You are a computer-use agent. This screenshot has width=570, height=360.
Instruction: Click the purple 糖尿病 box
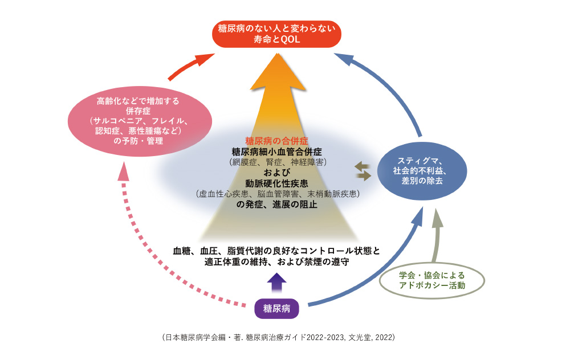tap(276, 308)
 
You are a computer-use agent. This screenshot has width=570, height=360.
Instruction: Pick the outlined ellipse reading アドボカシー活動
tap(431, 280)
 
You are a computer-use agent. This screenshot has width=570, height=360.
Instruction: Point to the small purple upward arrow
tap(277, 281)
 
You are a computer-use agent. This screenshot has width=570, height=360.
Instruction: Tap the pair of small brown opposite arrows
tap(363, 171)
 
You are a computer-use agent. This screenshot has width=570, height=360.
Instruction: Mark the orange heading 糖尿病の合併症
tap(276, 140)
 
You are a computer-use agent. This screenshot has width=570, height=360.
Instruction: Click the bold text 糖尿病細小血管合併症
tap(276, 151)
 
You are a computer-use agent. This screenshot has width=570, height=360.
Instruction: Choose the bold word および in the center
tap(276, 173)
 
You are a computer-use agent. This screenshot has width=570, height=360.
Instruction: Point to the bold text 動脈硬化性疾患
tap(276, 183)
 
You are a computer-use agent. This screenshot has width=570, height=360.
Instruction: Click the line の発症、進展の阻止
tap(276, 204)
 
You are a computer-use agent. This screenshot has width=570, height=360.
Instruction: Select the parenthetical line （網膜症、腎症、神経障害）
tap(276, 162)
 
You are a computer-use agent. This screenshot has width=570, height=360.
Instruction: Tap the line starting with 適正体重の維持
tap(276, 262)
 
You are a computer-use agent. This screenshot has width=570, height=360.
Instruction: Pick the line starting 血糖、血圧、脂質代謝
tap(276, 251)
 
